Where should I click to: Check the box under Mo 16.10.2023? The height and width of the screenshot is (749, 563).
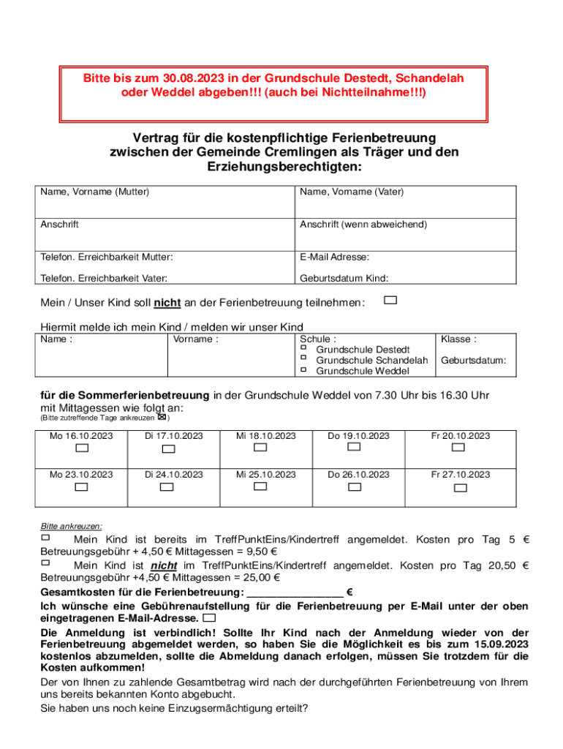[82, 448]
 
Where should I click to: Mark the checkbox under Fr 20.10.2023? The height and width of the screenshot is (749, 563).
[458, 448]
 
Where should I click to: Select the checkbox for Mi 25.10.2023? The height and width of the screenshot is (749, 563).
[261, 486]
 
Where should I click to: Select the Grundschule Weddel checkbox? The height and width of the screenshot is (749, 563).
[303, 369]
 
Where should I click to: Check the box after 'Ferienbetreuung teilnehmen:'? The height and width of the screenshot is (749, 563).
[391, 300]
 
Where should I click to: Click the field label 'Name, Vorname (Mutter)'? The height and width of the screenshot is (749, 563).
[95, 192]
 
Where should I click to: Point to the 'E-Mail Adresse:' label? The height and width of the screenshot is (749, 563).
[334, 257]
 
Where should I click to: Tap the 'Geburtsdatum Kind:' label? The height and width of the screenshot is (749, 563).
[344, 278]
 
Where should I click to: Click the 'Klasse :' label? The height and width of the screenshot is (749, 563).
[458, 339]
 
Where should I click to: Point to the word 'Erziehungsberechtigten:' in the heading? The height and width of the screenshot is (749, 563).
[281, 168]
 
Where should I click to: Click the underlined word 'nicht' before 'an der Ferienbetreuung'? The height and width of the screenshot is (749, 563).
[167, 303]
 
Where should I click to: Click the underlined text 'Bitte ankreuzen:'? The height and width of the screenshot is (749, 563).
[71, 527]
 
